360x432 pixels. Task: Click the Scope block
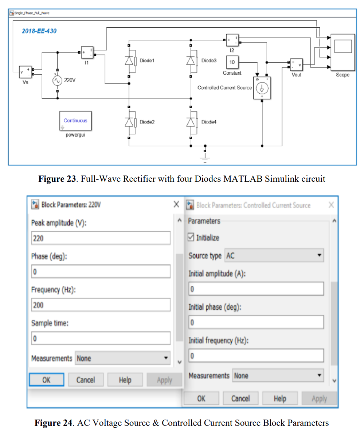[343, 52]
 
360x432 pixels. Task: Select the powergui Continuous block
[75, 121]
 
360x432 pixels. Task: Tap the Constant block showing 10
[232, 62]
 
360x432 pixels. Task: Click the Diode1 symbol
[129, 61]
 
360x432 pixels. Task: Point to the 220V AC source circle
[57, 80]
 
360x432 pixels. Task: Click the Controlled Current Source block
[262, 88]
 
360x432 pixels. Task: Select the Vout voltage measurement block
[297, 65]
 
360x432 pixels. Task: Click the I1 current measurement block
[88, 53]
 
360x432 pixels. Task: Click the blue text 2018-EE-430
[39, 31]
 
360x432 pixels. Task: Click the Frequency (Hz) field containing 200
[101, 305]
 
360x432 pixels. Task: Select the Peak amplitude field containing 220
[101, 238]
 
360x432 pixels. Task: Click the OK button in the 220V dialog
[47, 380]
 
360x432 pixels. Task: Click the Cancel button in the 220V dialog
[86, 380]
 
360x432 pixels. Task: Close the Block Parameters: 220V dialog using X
[176, 204]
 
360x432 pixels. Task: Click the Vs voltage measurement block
[25, 72]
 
